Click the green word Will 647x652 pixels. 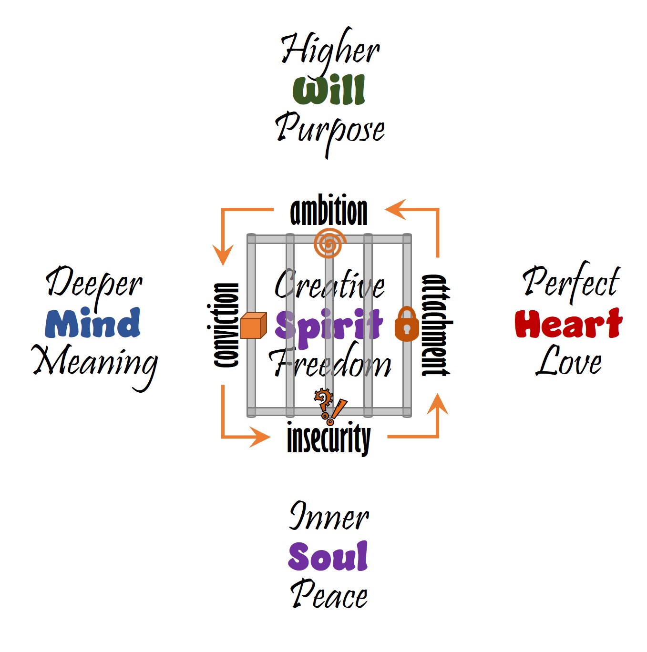329,90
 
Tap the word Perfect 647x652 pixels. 571,282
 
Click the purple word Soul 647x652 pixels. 328,556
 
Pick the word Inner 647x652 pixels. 329,517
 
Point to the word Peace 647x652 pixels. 329,595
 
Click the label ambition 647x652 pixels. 329,212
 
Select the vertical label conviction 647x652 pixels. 224,325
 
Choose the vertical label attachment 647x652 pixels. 436,325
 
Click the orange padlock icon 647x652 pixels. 407,325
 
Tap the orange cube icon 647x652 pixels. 253,325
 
